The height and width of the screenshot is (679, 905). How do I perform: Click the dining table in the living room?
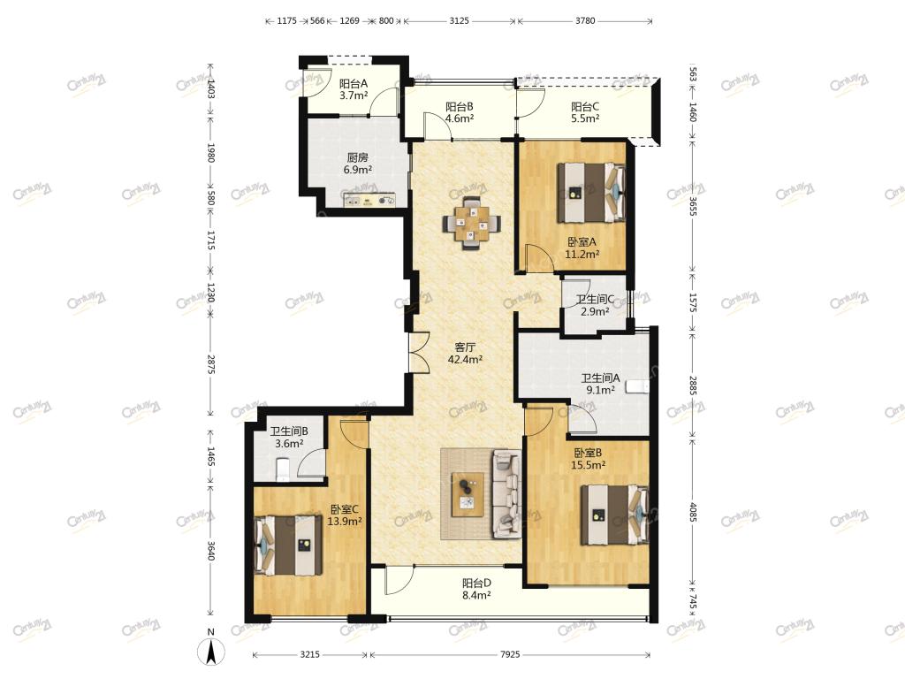point(472,224)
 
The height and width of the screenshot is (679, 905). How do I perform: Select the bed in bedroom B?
point(615,515)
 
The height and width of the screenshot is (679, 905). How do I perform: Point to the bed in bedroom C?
point(288,545)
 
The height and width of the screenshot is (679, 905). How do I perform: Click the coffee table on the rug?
point(468,494)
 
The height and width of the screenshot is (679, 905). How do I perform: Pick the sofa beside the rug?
point(506,494)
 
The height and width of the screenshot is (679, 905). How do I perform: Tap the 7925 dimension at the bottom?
point(510,654)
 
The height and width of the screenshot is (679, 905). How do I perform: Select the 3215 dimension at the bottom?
point(310,654)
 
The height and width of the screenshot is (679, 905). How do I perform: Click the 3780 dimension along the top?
point(585,21)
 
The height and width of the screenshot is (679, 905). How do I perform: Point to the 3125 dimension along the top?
point(459,21)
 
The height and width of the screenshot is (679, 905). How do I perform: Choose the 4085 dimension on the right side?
point(693,512)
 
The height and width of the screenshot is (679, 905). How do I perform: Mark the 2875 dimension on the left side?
point(211,364)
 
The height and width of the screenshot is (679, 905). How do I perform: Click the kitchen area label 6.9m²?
point(358,170)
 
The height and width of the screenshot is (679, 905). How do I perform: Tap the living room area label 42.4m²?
point(465,359)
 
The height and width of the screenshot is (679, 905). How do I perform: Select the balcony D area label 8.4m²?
point(476,595)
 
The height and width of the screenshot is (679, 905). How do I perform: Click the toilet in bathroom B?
point(283,469)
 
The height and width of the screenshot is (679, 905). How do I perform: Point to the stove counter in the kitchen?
point(369,201)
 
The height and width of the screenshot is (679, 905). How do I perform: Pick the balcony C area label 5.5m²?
point(585,118)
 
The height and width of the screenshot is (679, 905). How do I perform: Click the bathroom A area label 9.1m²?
point(600,390)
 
